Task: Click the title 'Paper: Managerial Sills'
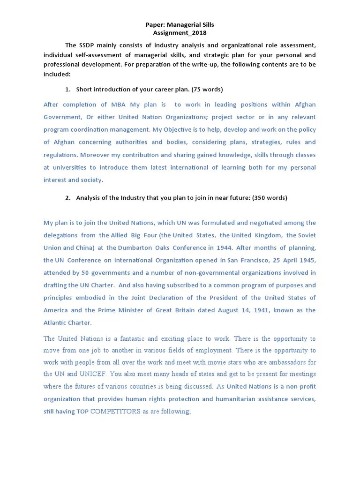pyautogui.click(x=180, y=24)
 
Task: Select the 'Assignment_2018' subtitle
pyautogui.click(x=180, y=33)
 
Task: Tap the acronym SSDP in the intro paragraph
pyautogui.click(x=88, y=45)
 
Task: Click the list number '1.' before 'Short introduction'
pyautogui.click(x=68, y=89)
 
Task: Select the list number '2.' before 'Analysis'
pyautogui.click(x=68, y=198)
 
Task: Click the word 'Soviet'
pyautogui.click(x=307, y=235)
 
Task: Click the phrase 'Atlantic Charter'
pyautogui.click(x=67, y=322)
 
